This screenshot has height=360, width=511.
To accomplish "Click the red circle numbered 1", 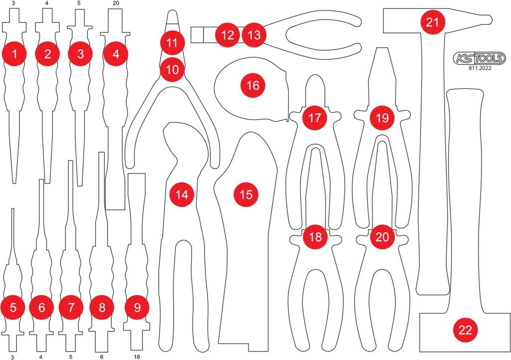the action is click(14, 54).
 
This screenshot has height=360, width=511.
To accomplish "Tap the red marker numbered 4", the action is click(116, 54).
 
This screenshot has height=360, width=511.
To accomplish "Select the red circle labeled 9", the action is click(137, 307).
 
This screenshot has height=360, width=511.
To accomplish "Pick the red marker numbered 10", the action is click(172, 69).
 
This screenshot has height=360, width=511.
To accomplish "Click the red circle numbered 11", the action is click(172, 43).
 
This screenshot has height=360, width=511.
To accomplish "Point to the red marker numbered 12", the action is click(227, 35).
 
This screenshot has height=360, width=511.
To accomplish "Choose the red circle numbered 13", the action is click(254, 35).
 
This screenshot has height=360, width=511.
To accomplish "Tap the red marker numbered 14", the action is click(182, 194).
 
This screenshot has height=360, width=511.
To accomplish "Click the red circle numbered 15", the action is click(246, 194).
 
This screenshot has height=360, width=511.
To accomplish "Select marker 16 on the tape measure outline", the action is click(253, 86).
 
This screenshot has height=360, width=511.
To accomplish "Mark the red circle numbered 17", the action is click(314, 118).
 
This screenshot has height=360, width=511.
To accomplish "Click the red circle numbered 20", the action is click(382, 237).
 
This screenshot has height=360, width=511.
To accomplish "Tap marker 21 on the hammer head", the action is click(433, 22).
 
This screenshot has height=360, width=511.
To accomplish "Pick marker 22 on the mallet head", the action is click(465, 330).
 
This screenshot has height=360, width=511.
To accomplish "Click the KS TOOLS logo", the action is click(480, 58).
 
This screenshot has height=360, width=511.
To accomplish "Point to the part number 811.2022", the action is click(480, 68).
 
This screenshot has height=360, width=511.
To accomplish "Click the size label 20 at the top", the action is click(115, 3).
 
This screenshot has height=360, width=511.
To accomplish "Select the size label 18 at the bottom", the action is click(137, 357).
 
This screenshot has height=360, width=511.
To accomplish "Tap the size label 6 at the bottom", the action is click(102, 357).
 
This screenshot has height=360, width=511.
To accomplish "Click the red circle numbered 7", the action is click(71, 307).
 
